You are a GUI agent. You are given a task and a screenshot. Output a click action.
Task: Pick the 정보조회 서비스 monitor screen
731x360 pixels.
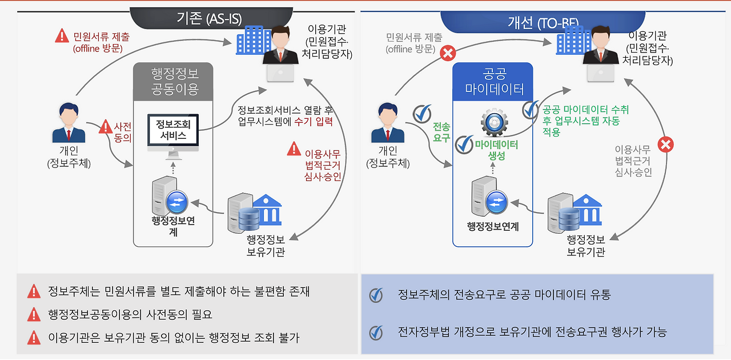point(174,130)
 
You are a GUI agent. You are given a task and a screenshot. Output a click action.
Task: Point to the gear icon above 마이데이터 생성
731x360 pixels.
point(493,122)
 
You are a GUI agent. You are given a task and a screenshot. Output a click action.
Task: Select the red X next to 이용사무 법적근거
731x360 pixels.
point(665,144)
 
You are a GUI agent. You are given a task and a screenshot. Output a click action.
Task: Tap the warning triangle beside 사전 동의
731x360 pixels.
point(106,127)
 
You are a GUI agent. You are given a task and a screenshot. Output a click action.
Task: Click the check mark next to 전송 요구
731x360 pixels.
point(422,113)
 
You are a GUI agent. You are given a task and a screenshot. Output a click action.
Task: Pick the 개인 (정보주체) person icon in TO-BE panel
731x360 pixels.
point(388,122)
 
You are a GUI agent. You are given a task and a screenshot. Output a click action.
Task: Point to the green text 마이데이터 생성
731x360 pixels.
point(496,150)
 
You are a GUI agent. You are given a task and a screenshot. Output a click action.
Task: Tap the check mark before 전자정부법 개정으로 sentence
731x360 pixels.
point(375,332)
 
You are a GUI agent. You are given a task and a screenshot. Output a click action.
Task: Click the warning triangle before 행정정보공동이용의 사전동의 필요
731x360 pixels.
point(34,314)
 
